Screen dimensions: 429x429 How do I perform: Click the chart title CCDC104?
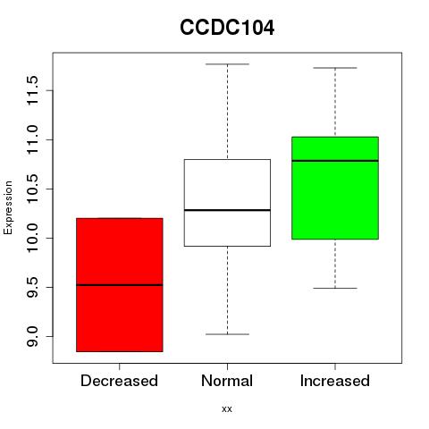tap(227, 28)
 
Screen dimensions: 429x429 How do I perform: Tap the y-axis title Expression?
tap(8, 207)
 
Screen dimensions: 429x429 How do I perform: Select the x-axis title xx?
tap(227, 408)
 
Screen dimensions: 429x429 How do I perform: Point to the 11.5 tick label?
tap(32, 90)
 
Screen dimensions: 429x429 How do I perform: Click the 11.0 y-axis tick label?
tap(32, 139)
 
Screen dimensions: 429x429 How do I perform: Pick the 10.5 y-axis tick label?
tap(32, 189)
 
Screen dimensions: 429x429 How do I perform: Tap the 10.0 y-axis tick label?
tap(32, 238)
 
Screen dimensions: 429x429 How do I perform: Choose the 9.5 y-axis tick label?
tap(32, 287)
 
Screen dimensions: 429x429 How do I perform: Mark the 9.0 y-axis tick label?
tap(32, 336)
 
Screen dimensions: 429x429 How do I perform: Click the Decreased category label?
tap(119, 381)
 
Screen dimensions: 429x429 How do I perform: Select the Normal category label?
tap(227, 381)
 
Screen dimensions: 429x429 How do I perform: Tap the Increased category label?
tap(335, 381)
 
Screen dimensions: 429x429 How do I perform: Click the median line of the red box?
tap(120, 285)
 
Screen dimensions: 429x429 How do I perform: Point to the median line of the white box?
tap(227, 210)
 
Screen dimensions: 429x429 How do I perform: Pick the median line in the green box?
tap(335, 161)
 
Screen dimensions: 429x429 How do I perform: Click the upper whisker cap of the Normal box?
tap(227, 64)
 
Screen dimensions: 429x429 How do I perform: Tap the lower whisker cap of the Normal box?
tap(227, 334)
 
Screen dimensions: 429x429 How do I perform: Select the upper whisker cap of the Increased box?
tap(335, 68)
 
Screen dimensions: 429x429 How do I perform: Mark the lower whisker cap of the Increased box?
tap(335, 288)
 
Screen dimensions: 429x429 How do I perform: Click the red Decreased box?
tap(120, 285)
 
